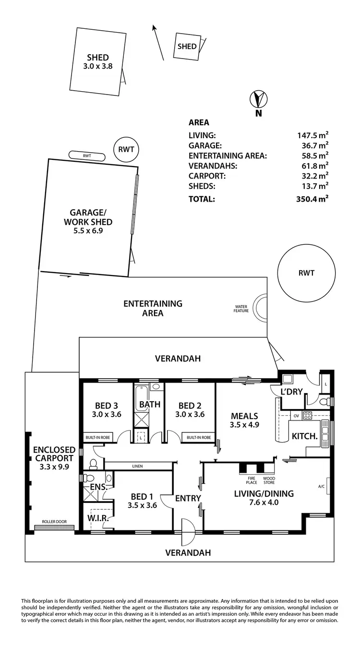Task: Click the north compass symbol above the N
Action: coord(258,99)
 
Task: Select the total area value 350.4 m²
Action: coord(312,199)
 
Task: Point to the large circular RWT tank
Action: coord(306,273)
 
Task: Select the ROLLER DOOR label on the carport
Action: coord(54,522)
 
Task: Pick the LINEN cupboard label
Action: coord(137,466)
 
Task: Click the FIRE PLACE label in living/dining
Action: coord(251,480)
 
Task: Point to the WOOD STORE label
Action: coord(269,480)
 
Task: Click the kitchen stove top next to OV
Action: coord(307,415)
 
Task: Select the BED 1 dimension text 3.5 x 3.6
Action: coord(142,505)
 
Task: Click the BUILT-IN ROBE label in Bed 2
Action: coord(199,437)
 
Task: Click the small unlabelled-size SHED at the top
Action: coord(187,46)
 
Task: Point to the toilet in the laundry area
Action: coord(324,401)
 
